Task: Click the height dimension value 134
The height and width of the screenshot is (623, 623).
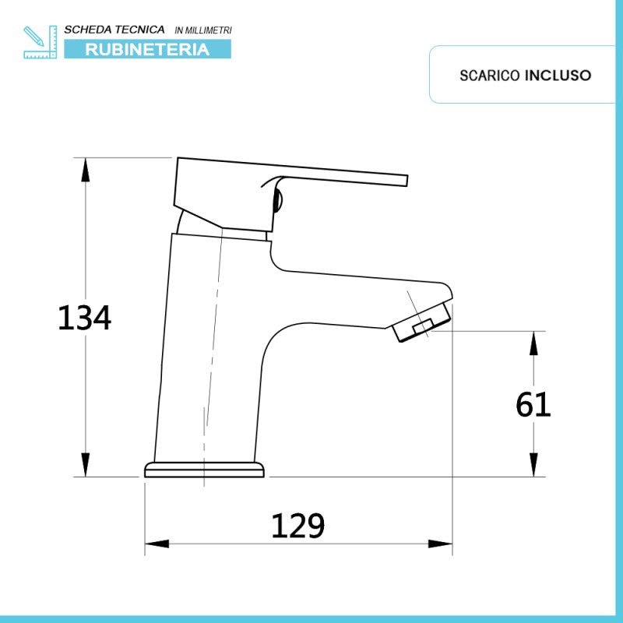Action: point(85,318)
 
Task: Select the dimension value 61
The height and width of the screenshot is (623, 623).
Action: point(533,404)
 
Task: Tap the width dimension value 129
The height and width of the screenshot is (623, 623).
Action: point(297,526)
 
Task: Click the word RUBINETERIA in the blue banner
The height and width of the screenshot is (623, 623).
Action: point(147,49)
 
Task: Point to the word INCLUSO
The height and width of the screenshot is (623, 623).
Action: point(558,76)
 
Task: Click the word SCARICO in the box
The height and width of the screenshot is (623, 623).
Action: point(490,76)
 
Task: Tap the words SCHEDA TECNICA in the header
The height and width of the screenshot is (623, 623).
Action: point(114,30)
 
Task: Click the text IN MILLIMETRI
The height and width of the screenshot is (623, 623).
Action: point(203,30)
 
